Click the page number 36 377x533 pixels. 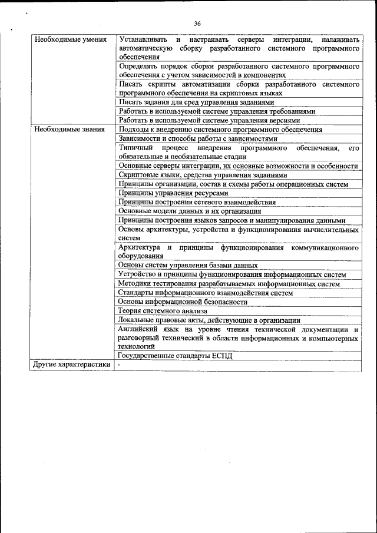click(x=197, y=24)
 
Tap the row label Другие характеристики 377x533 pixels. click(x=71, y=365)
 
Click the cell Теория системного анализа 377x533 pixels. click(x=162, y=311)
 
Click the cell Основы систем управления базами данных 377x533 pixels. click(x=187, y=265)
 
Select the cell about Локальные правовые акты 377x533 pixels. click(x=209, y=320)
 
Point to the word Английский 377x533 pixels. click(x=139, y=329)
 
